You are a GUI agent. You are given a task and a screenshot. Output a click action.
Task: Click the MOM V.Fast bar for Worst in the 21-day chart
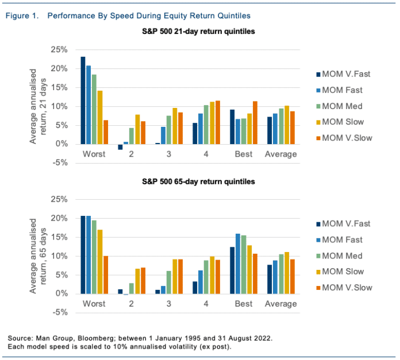coord(83,100)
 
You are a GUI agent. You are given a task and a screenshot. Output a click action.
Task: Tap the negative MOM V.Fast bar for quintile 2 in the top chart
coord(120,147)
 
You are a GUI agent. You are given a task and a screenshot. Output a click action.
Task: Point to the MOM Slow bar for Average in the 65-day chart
coord(286,273)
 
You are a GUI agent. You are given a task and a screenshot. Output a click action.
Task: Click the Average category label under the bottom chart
coord(281,304)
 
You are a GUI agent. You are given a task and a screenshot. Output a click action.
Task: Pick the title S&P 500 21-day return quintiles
coord(198,32)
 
